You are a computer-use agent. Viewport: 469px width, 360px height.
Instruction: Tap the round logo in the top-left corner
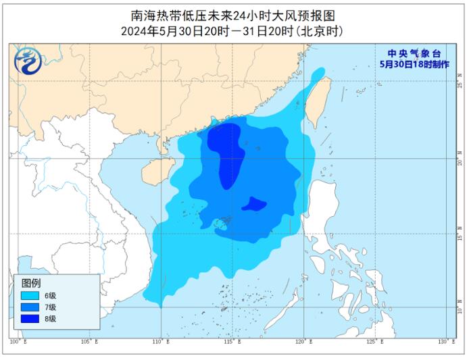(x=28, y=62)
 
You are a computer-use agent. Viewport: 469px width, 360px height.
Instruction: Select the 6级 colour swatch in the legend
(x=30, y=295)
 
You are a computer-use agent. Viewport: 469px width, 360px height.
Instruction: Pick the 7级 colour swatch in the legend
(x=30, y=307)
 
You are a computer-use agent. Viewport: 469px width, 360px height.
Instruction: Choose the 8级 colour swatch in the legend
(x=30, y=318)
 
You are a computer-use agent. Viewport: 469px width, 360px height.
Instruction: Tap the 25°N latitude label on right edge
(x=458, y=84)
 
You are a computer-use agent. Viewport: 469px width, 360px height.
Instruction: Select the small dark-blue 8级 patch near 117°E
(x=255, y=203)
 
